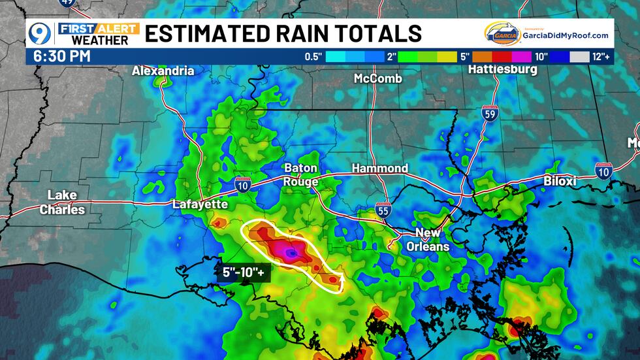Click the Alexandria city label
[163, 71]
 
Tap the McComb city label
[377, 78]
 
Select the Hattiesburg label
[502, 69]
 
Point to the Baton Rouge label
[301, 174]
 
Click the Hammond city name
[379, 169]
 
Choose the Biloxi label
[560, 181]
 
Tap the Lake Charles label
[62, 203]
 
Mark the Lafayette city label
[200, 205]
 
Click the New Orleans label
[428, 240]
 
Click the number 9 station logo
[39, 33]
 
